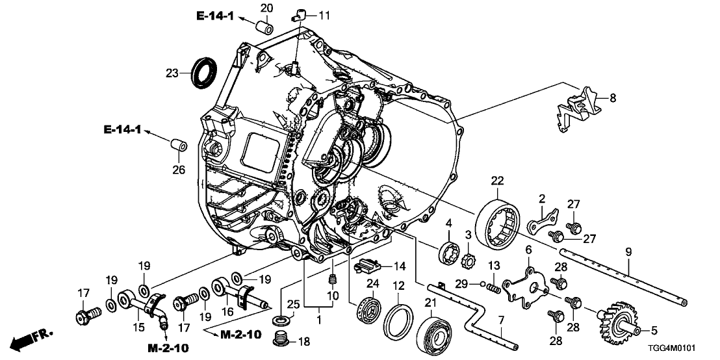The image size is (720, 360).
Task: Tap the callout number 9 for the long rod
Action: (628, 251)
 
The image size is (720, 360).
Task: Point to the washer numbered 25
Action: (282, 320)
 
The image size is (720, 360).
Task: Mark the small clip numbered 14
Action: (368, 265)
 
